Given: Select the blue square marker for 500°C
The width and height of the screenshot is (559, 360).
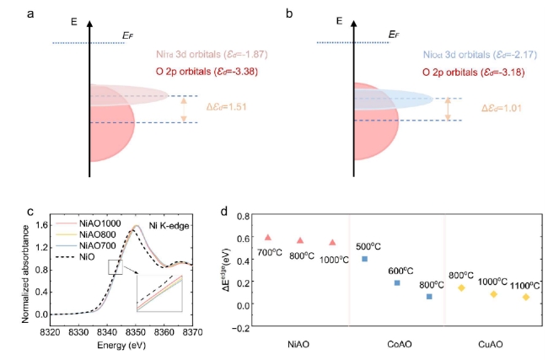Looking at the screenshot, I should click(x=364, y=259).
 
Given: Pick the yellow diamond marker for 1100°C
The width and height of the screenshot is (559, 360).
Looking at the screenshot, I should click(x=526, y=297).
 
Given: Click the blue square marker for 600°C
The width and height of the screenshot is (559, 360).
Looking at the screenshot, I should click(x=397, y=282).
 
